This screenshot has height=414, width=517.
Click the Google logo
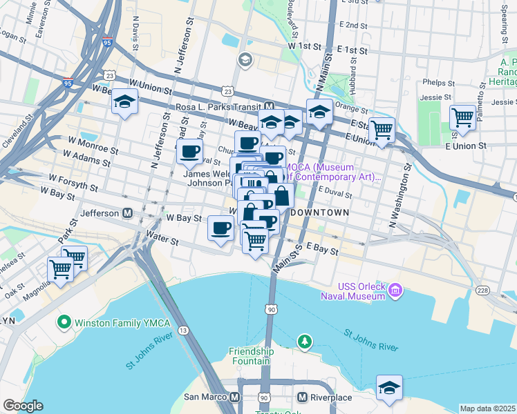point(23,406)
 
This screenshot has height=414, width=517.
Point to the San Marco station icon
point(235,397)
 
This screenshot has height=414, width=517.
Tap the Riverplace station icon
point(302,397)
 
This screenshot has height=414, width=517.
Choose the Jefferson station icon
point(127,213)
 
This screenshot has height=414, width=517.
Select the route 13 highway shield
point(182,331)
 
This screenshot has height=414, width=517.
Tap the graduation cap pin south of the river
point(390,388)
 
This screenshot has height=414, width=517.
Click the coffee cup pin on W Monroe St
point(189,151)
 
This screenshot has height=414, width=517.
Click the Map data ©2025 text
point(487,408)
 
